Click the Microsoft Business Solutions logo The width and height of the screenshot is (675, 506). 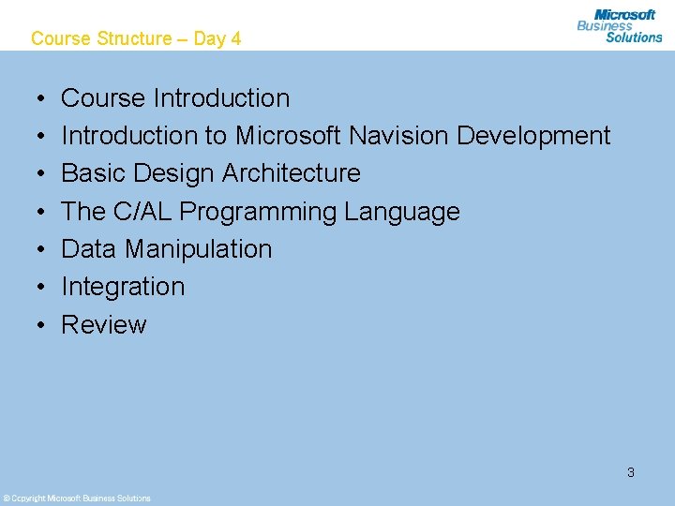click(620, 25)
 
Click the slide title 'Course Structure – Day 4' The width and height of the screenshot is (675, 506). click(136, 38)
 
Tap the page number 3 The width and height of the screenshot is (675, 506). click(631, 472)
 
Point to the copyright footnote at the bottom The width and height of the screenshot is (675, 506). click(77, 498)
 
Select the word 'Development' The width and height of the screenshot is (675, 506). click(533, 136)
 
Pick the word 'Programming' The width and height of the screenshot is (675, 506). click(258, 212)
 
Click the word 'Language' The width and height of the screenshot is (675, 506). click(402, 212)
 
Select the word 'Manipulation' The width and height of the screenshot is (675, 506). click(198, 249)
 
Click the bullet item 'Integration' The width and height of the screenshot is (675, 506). click(123, 287)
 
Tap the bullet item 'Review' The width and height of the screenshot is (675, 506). click(104, 325)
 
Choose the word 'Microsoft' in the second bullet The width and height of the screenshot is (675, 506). click(289, 136)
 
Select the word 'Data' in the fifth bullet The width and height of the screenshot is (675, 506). click(89, 249)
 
